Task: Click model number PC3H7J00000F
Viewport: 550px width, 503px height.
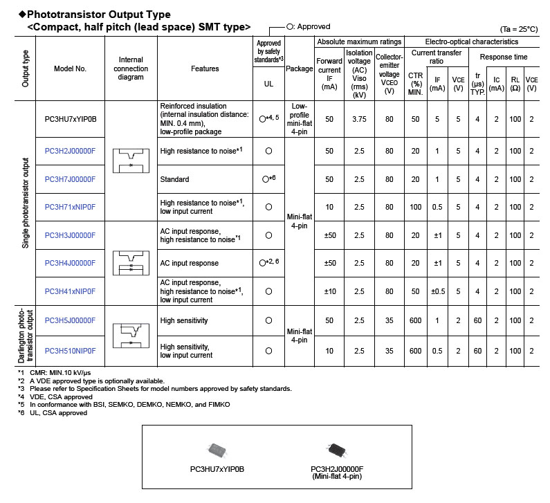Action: click(x=70, y=179)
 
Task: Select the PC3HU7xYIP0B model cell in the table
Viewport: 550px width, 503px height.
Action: click(x=70, y=119)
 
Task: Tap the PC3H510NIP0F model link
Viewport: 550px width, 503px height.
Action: click(x=70, y=351)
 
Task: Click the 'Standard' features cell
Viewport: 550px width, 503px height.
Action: click(x=174, y=179)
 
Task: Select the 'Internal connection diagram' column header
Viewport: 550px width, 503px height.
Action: click(x=131, y=68)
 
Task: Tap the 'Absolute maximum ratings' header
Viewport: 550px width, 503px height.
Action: click(x=358, y=42)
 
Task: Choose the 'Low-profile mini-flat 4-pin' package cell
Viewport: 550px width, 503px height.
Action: click(x=299, y=119)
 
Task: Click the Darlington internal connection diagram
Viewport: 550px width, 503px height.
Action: click(x=131, y=335)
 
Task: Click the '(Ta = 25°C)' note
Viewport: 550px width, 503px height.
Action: click(x=518, y=29)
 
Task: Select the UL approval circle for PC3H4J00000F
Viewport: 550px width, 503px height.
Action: click(x=267, y=263)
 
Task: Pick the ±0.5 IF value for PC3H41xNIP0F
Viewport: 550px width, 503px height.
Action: click(x=437, y=291)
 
